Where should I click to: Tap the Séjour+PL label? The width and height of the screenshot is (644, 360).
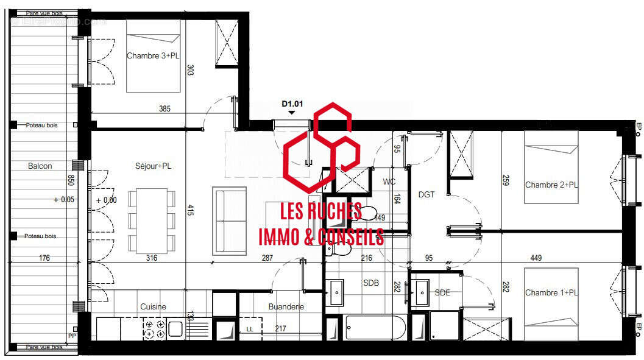click(153, 166)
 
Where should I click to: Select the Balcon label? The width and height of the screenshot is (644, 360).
click(40, 166)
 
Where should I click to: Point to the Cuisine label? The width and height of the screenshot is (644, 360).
click(153, 307)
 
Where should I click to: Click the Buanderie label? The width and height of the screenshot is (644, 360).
click(286, 307)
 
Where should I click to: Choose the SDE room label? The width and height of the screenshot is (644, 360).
click(442, 293)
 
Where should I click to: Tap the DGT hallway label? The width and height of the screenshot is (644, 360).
click(426, 194)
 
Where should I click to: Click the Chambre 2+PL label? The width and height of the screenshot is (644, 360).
click(551, 185)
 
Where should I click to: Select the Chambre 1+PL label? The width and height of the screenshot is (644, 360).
click(551, 293)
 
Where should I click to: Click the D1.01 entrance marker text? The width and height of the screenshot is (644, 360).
click(292, 104)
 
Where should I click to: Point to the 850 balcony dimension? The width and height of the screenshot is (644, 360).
click(71, 180)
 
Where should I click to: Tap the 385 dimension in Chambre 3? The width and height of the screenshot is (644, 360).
click(165, 109)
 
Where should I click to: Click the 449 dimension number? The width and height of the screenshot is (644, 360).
click(536, 258)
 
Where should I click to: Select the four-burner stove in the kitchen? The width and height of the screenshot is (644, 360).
click(154, 330)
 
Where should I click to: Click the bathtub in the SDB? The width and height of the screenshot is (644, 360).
click(375, 328)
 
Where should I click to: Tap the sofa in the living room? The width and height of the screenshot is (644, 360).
click(230, 221)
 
